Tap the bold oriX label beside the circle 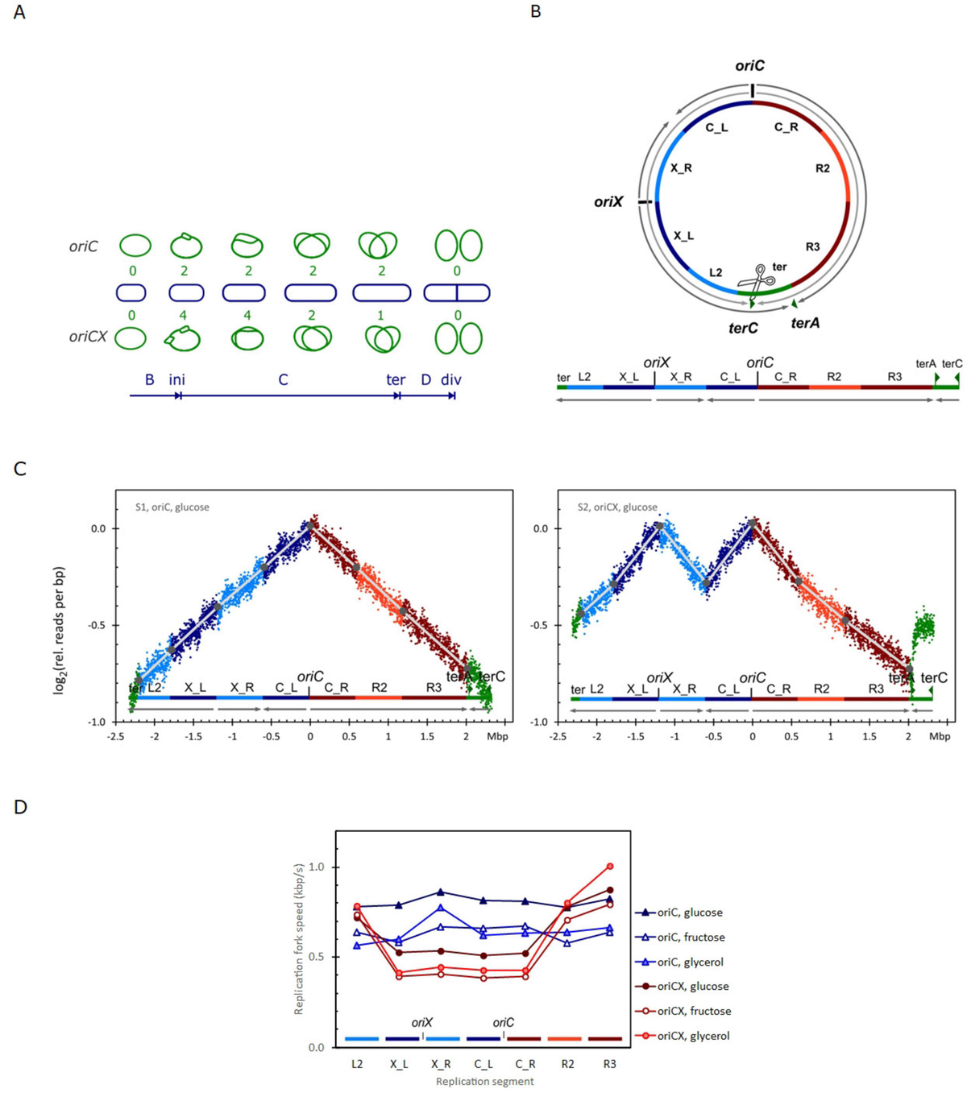[608, 202]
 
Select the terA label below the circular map [805, 323]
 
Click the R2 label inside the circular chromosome [822, 168]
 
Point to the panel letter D [21, 806]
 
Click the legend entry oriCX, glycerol [693, 1036]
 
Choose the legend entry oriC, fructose [691, 938]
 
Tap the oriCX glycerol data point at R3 [610, 867]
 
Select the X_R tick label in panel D [441, 1064]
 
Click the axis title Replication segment [484, 1082]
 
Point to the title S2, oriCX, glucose [616, 507]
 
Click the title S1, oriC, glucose [172, 507]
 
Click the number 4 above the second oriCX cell [184, 315]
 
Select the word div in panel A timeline [450, 379]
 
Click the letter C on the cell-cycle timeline [283, 379]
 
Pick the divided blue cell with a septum [457, 292]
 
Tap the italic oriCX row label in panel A [88, 337]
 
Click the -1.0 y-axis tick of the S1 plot [96, 722]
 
